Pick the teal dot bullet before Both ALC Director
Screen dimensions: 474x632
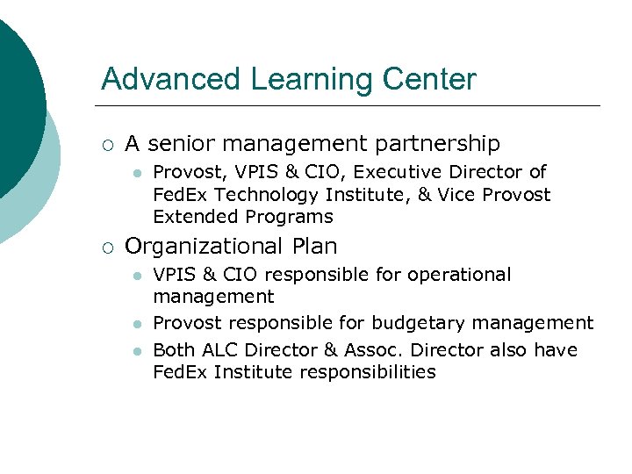136,350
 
